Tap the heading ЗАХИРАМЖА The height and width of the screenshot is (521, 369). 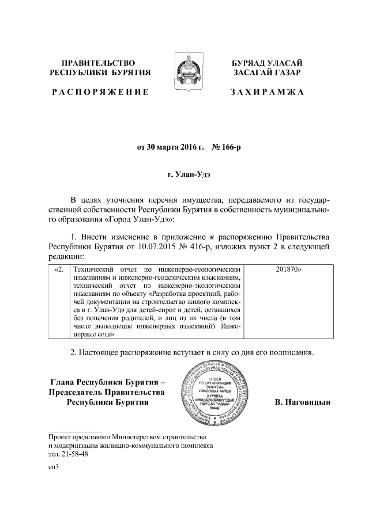tap(268, 92)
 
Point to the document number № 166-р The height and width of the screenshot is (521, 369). tap(227, 147)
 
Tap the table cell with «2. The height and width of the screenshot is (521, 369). tap(58, 269)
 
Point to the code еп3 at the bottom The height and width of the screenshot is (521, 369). tap(54, 467)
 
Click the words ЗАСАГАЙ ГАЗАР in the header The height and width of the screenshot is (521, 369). tap(268, 73)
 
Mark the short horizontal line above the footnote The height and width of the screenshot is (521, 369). tap(75, 431)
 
